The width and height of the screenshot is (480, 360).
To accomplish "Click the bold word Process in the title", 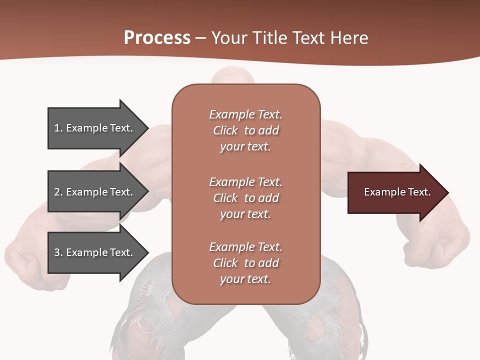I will click(x=157, y=38).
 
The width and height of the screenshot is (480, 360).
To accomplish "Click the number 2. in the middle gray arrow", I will click(x=58, y=192).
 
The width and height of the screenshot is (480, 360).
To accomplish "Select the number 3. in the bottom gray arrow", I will click(x=58, y=252).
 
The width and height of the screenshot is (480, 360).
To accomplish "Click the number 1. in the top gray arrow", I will click(x=58, y=128).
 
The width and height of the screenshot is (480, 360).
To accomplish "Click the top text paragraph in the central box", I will click(x=245, y=130).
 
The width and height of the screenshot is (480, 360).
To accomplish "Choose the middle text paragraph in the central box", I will click(x=245, y=198).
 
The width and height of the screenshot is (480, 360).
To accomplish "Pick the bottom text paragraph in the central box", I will click(x=245, y=263).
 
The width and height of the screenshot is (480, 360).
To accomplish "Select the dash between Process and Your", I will click(x=201, y=38).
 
